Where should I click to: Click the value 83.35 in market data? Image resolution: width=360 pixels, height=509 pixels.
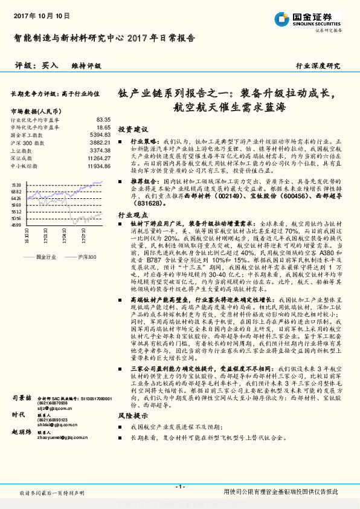click(x=103, y=120)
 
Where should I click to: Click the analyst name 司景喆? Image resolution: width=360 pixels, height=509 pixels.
click(x=22, y=398)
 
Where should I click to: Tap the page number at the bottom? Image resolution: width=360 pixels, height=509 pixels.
click(x=180, y=487)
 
